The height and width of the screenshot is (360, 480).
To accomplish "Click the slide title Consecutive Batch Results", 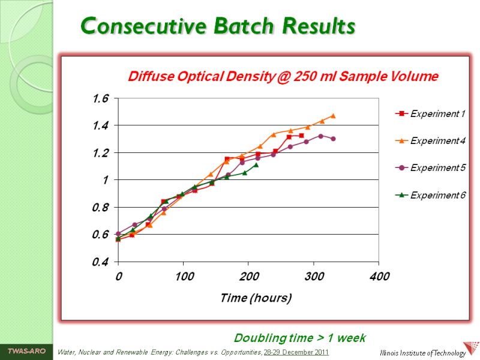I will [x=218, y=26].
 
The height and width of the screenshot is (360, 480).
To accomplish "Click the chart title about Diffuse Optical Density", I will [x=283, y=77].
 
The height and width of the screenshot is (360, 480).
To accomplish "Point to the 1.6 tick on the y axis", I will [x=100, y=98].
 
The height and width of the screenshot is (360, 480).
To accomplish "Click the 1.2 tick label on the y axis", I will [x=100, y=153].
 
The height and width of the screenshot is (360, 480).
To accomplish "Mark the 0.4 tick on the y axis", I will [x=100, y=262].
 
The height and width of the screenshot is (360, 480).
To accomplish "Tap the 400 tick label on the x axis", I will [x=379, y=277].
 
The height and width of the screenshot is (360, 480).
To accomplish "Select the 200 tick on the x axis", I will [x=249, y=277].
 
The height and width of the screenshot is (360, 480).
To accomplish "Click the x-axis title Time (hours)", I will [x=256, y=298].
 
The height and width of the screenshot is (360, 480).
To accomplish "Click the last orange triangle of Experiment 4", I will [x=333, y=116].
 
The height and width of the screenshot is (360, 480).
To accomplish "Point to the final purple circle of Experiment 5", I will [x=333, y=139].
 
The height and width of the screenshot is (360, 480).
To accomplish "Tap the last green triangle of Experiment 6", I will [x=256, y=164].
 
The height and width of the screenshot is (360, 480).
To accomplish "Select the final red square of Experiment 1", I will [x=302, y=136].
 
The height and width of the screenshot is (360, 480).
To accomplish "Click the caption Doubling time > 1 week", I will [x=299, y=338].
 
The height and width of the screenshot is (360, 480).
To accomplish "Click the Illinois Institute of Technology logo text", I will [x=424, y=353].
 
